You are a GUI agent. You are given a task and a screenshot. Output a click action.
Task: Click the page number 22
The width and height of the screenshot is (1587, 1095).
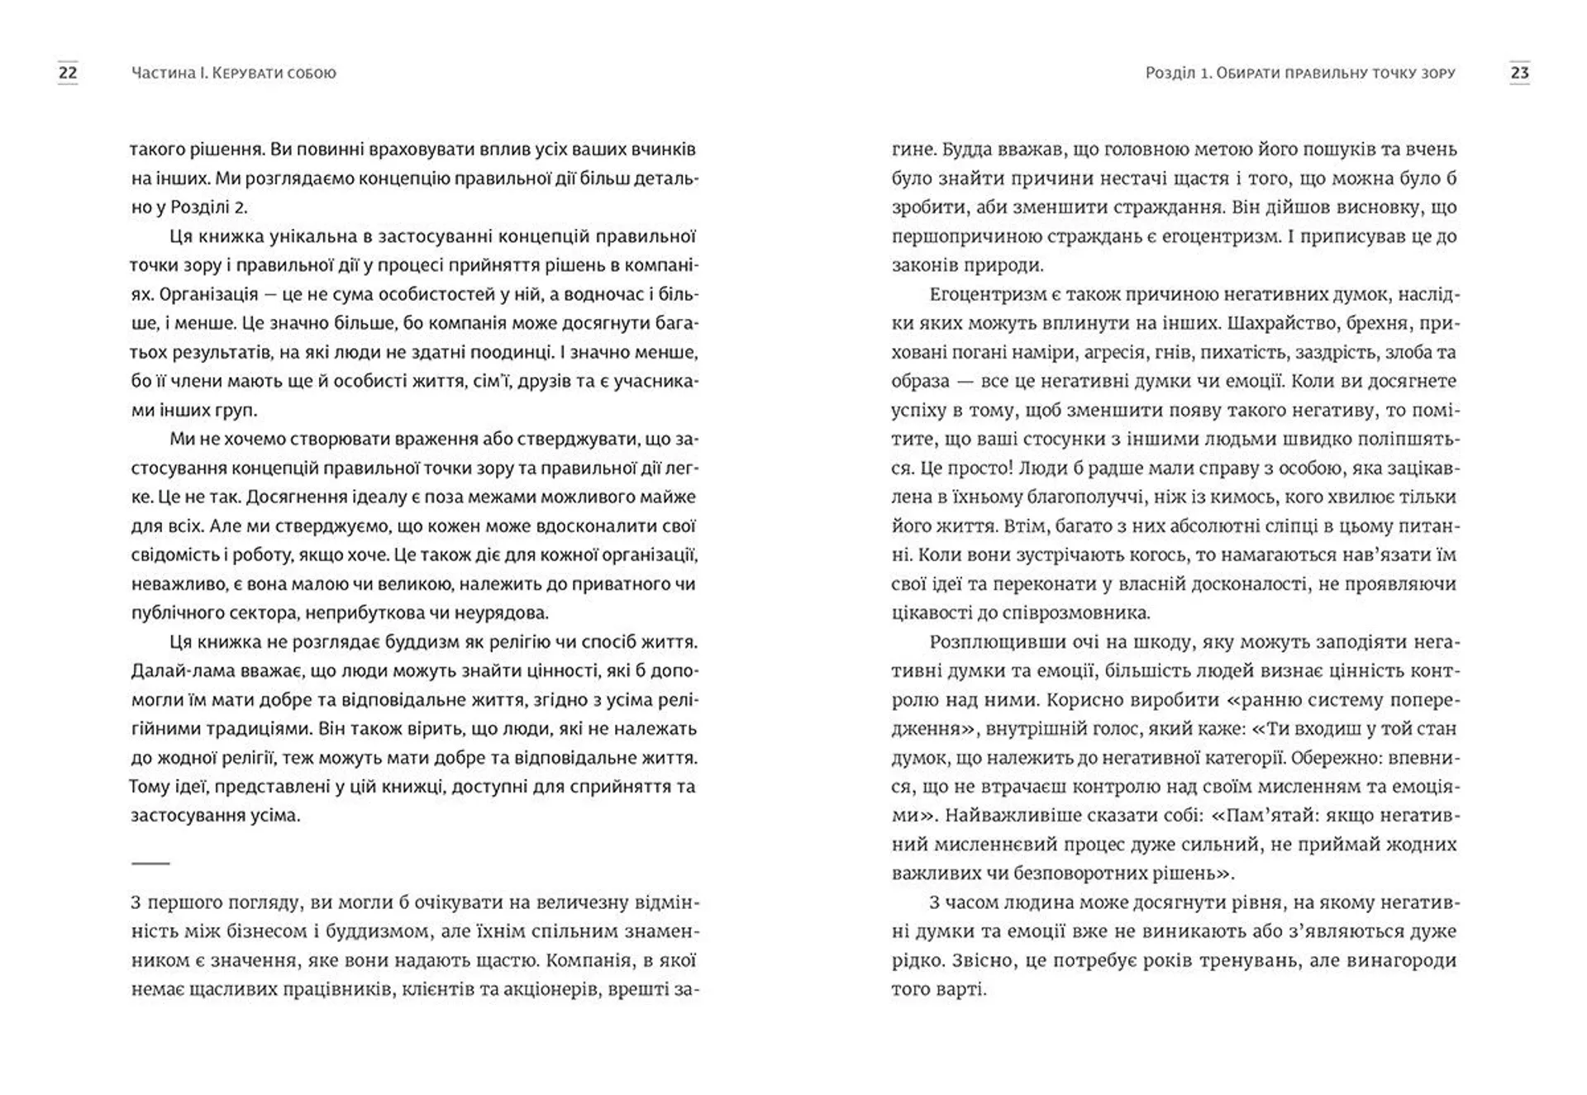pos(68,73)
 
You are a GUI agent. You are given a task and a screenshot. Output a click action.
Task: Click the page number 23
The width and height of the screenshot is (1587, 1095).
pos(1519,73)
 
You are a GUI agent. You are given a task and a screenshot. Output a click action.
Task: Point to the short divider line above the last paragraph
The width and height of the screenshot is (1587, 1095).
pos(150,863)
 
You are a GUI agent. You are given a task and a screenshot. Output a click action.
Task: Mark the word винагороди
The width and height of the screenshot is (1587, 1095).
pos(1403,960)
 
